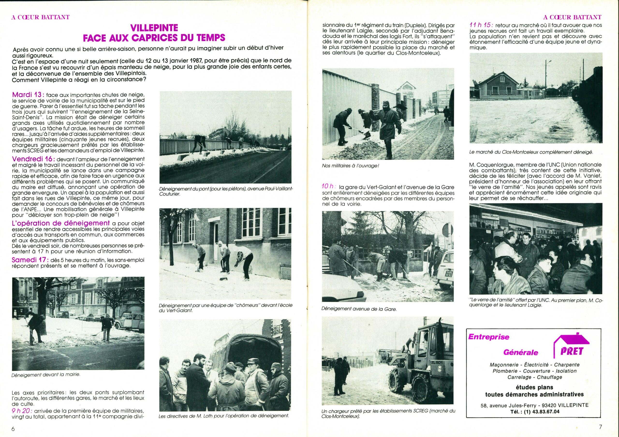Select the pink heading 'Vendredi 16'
pyautogui.click(x=33, y=159)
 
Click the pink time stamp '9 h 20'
pyautogui.click(x=22, y=418)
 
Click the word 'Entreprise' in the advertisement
pyautogui.click(x=489, y=337)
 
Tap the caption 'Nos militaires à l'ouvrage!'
pyautogui.click(x=350, y=166)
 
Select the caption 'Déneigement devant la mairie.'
pyautogui.click(x=46, y=374)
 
